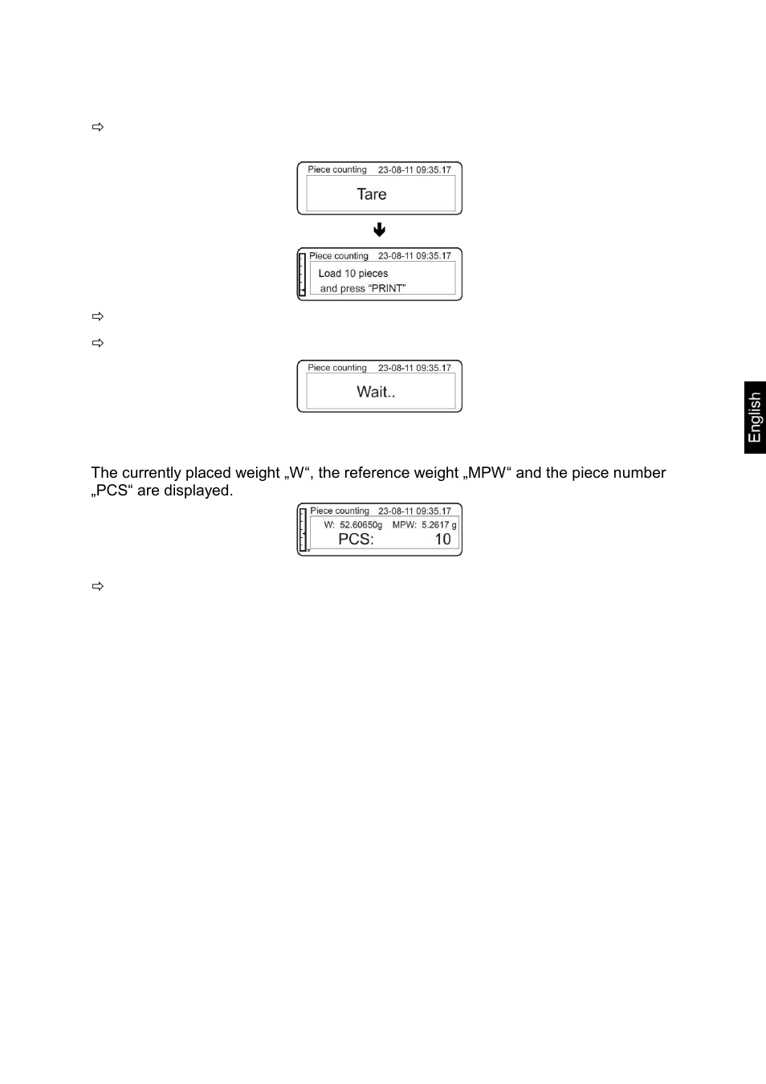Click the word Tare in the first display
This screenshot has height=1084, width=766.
[x=372, y=194]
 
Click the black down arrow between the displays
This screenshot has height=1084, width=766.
[x=380, y=230]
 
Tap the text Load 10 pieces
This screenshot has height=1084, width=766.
[x=353, y=274]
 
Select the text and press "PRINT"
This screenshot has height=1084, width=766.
[x=363, y=289]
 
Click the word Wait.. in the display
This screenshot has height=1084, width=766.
[x=376, y=392]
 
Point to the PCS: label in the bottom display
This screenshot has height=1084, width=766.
[x=356, y=540]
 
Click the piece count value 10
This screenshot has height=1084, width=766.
[x=442, y=540]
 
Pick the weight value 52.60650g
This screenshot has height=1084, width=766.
[x=361, y=525]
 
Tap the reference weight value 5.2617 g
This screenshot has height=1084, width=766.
[x=438, y=525]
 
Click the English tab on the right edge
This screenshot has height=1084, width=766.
[x=755, y=418]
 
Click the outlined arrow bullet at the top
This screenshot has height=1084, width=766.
[x=98, y=127]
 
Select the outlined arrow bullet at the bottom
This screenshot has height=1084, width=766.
[x=98, y=586]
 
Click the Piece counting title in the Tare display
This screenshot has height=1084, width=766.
[x=337, y=169]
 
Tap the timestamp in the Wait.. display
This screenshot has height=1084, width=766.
[x=414, y=368]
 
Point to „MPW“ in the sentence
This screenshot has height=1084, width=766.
[x=487, y=473]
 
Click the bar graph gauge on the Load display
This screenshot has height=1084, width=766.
[x=302, y=275]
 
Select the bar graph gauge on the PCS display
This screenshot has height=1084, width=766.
[x=303, y=530]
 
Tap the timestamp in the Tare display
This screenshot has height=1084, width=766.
[x=414, y=169]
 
